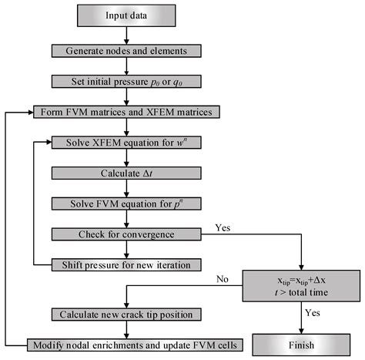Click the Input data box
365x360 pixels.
[x=128, y=15]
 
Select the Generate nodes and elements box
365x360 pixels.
[x=128, y=51]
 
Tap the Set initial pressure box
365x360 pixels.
[x=128, y=81]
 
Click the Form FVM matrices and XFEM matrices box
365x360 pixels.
[x=127, y=113]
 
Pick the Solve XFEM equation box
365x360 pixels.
[x=128, y=143]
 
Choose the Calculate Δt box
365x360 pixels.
[x=128, y=173]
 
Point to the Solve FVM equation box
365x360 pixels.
[x=128, y=203]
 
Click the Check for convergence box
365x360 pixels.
[x=128, y=234]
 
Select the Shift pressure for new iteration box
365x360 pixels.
[x=128, y=264]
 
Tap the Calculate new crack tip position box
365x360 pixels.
[x=128, y=314]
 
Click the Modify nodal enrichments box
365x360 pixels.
[x=128, y=344]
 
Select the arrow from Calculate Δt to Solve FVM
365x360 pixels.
[x=128, y=188]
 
